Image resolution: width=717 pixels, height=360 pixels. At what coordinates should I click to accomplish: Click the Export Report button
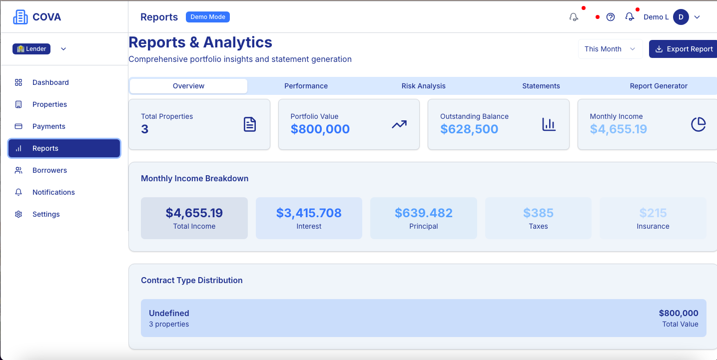click(x=684, y=49)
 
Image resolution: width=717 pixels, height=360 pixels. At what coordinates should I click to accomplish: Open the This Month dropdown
click(x=610, y=49)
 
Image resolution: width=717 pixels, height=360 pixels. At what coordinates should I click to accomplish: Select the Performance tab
click(x=306, y=86)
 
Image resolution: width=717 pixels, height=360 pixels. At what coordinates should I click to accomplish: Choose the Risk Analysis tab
click(x=423, y=86)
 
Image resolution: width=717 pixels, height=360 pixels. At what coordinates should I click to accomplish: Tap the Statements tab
click(x=541, y=86)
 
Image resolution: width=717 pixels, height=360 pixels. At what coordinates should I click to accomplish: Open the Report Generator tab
click(x=658, y=86)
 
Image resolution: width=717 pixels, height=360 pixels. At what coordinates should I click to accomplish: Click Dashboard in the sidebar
click(x=50, y=82)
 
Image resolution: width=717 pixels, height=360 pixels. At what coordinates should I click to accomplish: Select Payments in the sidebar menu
click(x=48, y=126)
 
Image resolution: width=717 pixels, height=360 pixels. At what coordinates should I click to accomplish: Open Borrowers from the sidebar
click(x=49, y=170)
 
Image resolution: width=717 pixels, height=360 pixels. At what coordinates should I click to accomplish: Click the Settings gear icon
click(x=18, y=214)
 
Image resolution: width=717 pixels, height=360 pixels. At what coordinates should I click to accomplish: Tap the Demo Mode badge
click(x=207, y=17)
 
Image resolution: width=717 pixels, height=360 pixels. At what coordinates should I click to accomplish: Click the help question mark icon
click(x=610, y=17)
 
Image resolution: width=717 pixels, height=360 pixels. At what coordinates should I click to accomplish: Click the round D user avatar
click(x=681, y=17)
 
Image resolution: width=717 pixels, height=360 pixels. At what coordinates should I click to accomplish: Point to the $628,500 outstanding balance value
click(x=469, y=129)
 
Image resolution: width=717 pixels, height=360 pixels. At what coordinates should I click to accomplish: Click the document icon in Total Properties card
click(x=250, y=124)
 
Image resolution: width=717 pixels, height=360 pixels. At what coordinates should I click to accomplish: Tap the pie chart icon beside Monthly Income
click(x=698, y=124)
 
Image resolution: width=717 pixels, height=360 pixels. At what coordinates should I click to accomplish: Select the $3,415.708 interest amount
click(x=309, y=213)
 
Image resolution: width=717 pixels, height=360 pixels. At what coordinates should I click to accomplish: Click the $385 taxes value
click(x=538, y=213)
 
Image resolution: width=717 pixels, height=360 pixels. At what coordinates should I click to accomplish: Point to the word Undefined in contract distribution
click(x=169, y=313)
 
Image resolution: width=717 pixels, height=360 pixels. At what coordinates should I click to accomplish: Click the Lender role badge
click(x=31, y=49)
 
